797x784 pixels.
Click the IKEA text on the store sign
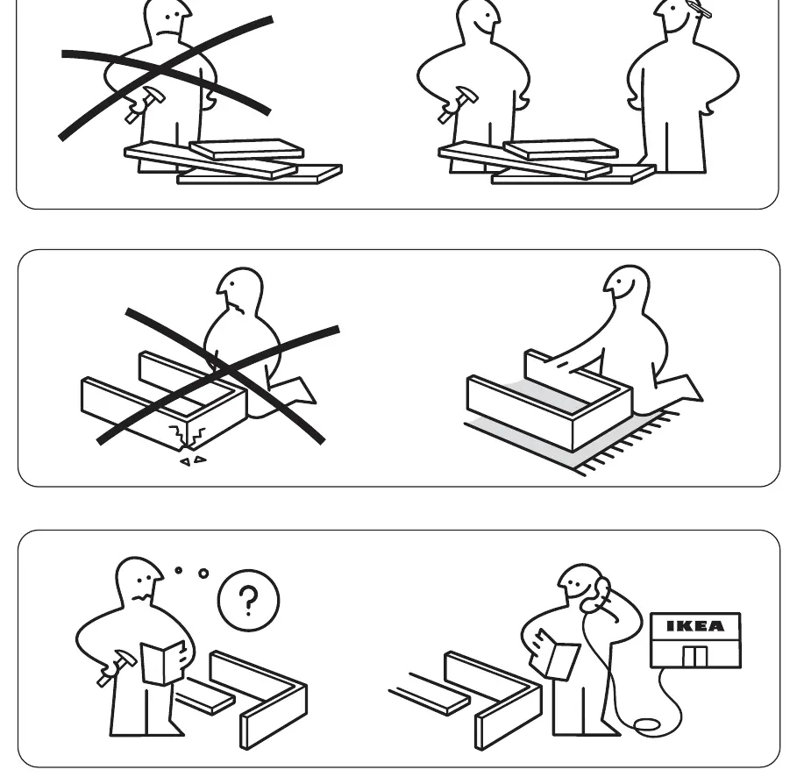tap(694, 626)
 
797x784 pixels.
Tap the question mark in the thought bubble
tap(248, 601)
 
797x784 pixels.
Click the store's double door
tap(694, 656)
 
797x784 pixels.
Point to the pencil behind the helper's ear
tap(699, 9)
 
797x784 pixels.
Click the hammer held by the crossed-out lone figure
tap(145, 104)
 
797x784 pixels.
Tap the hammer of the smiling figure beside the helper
tap(458, 104)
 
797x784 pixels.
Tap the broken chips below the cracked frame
tap(193, 460)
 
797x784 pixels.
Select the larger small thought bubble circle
tap(203, 574)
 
